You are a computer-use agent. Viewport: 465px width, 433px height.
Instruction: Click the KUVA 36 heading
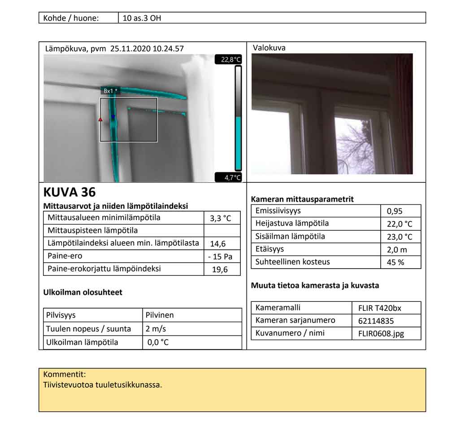[x=70, y=192]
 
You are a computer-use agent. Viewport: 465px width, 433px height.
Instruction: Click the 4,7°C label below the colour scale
[x=232, y=178]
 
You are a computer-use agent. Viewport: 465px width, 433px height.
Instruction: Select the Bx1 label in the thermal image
[x=109, y=91]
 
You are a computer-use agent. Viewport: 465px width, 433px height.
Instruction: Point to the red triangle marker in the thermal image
[x=100, y=119]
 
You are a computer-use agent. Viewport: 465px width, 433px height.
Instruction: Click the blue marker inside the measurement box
[x=113, y=117]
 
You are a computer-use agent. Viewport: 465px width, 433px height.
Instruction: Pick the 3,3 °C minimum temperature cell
[x=221, y=219]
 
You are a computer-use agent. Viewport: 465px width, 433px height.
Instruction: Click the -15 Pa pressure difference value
[x=221, y=257]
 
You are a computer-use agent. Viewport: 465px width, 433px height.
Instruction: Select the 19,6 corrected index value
[x=220, y=270]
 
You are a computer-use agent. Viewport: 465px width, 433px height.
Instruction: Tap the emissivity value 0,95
[x=395, y=211]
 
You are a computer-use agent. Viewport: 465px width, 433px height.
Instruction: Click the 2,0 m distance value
[x=396, y=249]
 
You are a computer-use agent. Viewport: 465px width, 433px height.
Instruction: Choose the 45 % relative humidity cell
[x=395, y=262]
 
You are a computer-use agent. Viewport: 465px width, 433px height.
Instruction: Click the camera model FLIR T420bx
[x=379, y=308]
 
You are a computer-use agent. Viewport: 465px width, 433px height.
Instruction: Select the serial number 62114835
[x=376, y=321]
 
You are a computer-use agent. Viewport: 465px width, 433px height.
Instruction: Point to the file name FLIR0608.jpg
[x=381, y=334]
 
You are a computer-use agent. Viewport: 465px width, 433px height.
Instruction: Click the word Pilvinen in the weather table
[x=160, y=315]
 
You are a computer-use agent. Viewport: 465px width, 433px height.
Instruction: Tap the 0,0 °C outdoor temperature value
[x=158, y=342]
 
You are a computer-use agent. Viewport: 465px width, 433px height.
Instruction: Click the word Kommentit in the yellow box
[x=65, y=374]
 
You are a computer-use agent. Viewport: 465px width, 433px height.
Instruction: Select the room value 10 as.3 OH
[x=142, y=18]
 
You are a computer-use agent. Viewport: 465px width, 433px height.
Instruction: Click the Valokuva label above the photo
[x=269, y=48]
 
